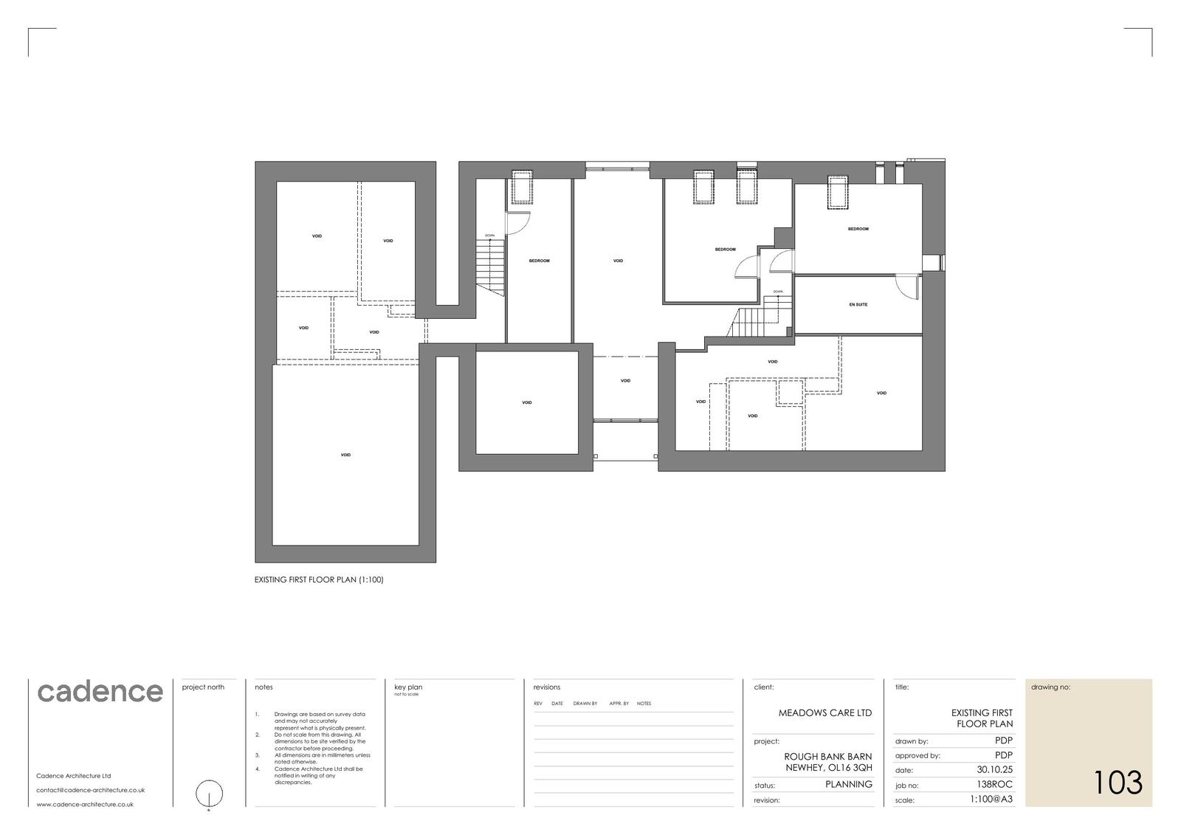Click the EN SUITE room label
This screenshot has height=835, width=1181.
pos(858,305)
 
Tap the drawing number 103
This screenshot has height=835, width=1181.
pos(1117,783)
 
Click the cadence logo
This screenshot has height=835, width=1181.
pos(100,692)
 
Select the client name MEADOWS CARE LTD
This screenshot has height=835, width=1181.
pos(824,713)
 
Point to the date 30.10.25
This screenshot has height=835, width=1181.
pos(994,769)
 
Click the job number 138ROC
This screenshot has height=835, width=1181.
pos(994,784)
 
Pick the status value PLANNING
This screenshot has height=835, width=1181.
pos(848,784)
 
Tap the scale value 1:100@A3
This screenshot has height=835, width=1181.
pos(991,799)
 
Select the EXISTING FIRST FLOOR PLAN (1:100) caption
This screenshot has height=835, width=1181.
pos(319,580)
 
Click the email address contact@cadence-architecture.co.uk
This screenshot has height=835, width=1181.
pos(90,790)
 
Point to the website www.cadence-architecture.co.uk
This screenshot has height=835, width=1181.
pos(85,805)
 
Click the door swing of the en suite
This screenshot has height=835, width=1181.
pos(906,286)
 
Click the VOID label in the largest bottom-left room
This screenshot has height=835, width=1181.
pos(345,455)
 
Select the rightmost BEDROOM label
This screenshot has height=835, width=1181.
pos(858,229)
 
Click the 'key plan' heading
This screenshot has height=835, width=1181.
pos(408,687)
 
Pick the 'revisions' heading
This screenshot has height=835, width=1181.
pos(547,687)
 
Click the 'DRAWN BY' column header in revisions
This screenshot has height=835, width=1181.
pos(585,704)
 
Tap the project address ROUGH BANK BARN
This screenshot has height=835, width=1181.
pos(827,757)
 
